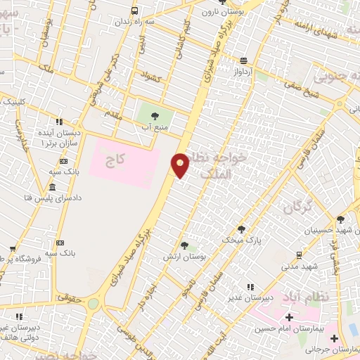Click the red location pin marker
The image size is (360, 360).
(181, 165)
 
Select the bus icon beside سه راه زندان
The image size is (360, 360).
(134, 11)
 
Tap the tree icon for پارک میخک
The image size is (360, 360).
(241, 229)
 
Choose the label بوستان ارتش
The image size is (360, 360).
(185, 258)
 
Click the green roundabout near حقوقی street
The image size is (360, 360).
(94, 304)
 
